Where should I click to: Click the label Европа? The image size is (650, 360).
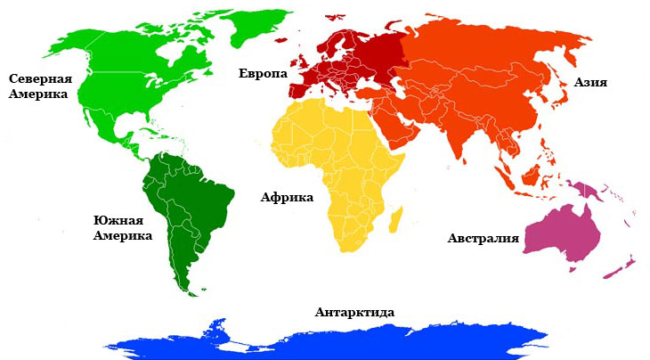click(263, 73)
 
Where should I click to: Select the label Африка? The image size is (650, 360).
click(287, 197)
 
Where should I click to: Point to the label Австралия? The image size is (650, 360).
click(483, 239)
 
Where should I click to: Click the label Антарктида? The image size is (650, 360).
click(354, 312)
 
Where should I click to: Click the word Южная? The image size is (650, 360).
click(118, 219)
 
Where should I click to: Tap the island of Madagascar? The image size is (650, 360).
click(396, 217)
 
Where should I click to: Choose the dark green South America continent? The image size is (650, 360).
click(191, 209)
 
